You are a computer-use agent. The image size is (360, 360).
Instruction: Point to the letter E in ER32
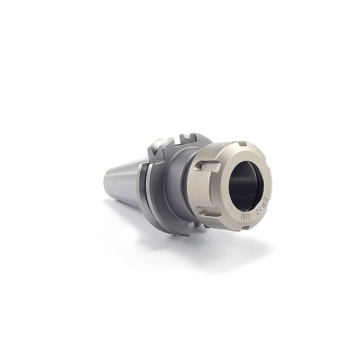tap(265, 199)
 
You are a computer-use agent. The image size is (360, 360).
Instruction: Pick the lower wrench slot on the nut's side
tap(209, 211)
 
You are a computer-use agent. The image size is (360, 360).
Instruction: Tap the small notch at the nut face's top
tap(243, 144)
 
